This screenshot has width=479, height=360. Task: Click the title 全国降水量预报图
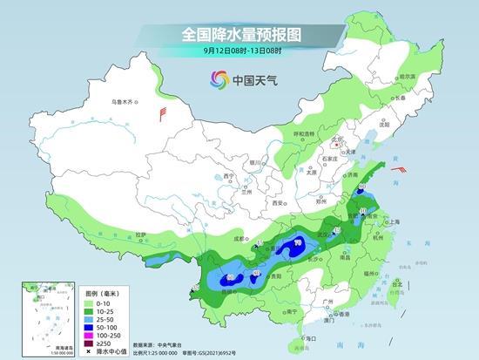click(x=239, y=34)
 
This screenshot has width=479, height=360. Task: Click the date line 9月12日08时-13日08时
click(x=239, y=51)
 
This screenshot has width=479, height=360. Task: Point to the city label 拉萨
click(x=141, y=234)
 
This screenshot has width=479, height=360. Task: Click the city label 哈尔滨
click(x=404, y=77)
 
